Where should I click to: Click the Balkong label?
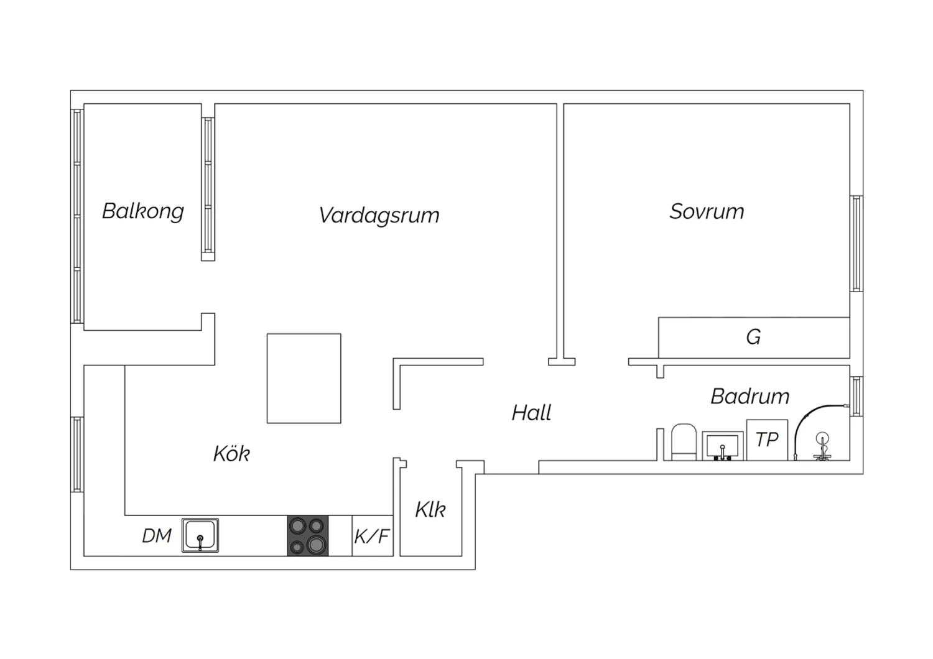click(x=143, y=211)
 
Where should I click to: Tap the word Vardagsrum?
click(x=379, y=215)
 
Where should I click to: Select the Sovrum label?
click(x=707, y=211)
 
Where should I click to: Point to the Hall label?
click(x=531, y=413)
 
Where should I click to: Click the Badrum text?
click(x=750, y=396)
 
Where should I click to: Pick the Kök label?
click(x=231, y=453)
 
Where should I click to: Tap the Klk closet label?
click(x=430, y=509)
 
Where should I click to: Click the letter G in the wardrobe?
click(x=753, y=337)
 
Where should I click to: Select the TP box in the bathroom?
click(x=767, y=440)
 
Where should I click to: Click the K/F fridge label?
click(x=372, y=537)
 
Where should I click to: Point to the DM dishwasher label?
click(x=157, y=536)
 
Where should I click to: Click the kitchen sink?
click(x=200, y=535)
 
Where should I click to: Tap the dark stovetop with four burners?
click(x=308, y=536)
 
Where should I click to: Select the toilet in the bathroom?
click(x=684, y=442)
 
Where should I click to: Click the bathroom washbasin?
click(x=723, y=446)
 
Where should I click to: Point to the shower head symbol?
click(x=822, y=446)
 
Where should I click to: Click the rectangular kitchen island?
click(x=304, y=379)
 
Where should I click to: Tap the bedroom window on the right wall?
click(x=856, y=244)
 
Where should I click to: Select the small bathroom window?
click(x=856, y=396)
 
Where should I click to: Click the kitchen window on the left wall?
click(x=77, y=454)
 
